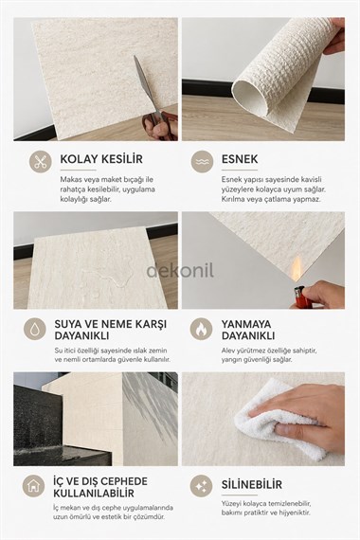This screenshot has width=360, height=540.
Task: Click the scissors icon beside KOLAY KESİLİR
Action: pyautogui.click(x=40, y=161)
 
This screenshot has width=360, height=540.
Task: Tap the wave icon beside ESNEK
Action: pyautogui.click(x=202, y=162)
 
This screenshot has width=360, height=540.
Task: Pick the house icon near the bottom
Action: pyautogui.click(x=35, y=486)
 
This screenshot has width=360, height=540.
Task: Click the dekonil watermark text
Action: pyautogui.click(x=179, y=271)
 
